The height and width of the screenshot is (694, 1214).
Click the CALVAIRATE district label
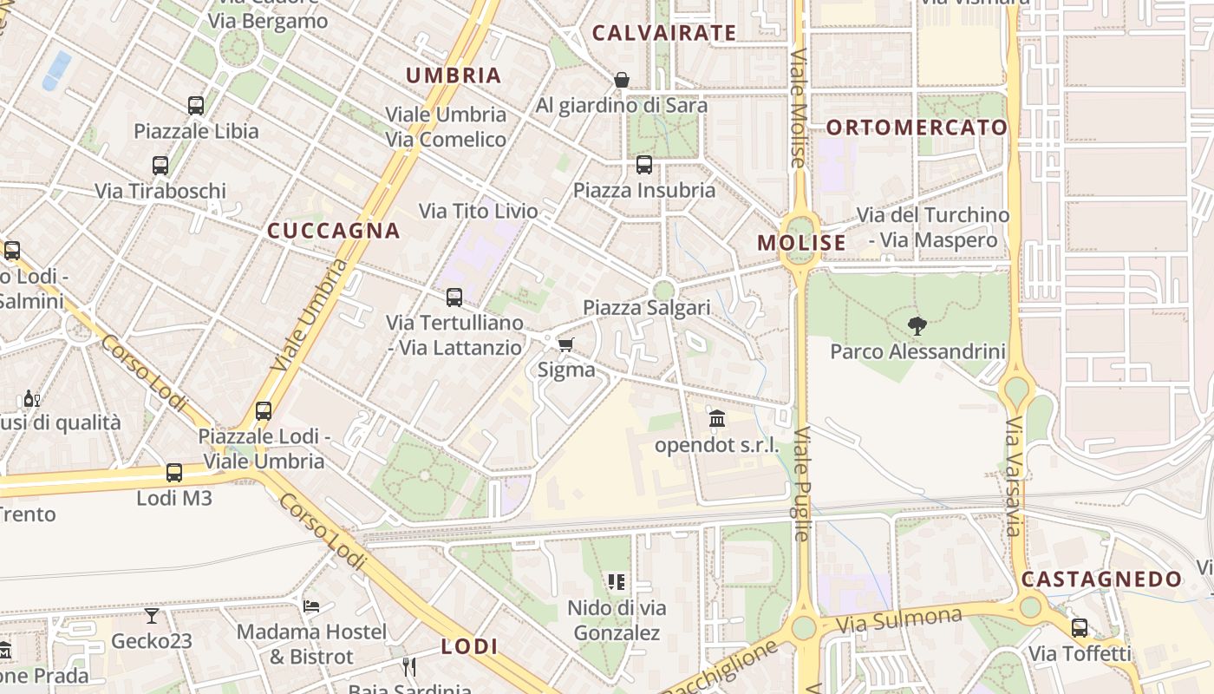point(663,34)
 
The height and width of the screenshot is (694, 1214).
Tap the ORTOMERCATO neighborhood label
point(917,128)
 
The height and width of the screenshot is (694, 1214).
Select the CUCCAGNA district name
point(333,231)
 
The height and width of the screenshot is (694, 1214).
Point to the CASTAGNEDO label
point(1101,579)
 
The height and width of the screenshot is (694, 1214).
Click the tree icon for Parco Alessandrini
point(917,326)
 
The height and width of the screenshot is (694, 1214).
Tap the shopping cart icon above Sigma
point(566,345)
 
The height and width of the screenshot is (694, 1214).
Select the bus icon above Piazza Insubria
point(643,165)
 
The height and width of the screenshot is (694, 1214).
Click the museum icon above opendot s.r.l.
point(717,420)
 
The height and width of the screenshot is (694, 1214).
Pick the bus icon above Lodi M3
point(174,473)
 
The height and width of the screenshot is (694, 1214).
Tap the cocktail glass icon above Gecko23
point(152,616)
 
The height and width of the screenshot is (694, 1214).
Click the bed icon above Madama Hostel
point(312,606)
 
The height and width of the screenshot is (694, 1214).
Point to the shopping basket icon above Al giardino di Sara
point(622,80)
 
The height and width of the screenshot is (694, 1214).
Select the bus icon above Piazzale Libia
point(196,106)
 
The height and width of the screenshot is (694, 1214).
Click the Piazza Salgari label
point(646,308)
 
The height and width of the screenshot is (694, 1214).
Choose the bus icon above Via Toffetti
point(1080,628)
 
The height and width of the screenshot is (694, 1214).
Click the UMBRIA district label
point(454,75)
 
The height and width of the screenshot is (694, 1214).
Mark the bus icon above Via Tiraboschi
point(160,166)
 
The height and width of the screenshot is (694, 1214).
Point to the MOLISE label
point(801,243)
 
